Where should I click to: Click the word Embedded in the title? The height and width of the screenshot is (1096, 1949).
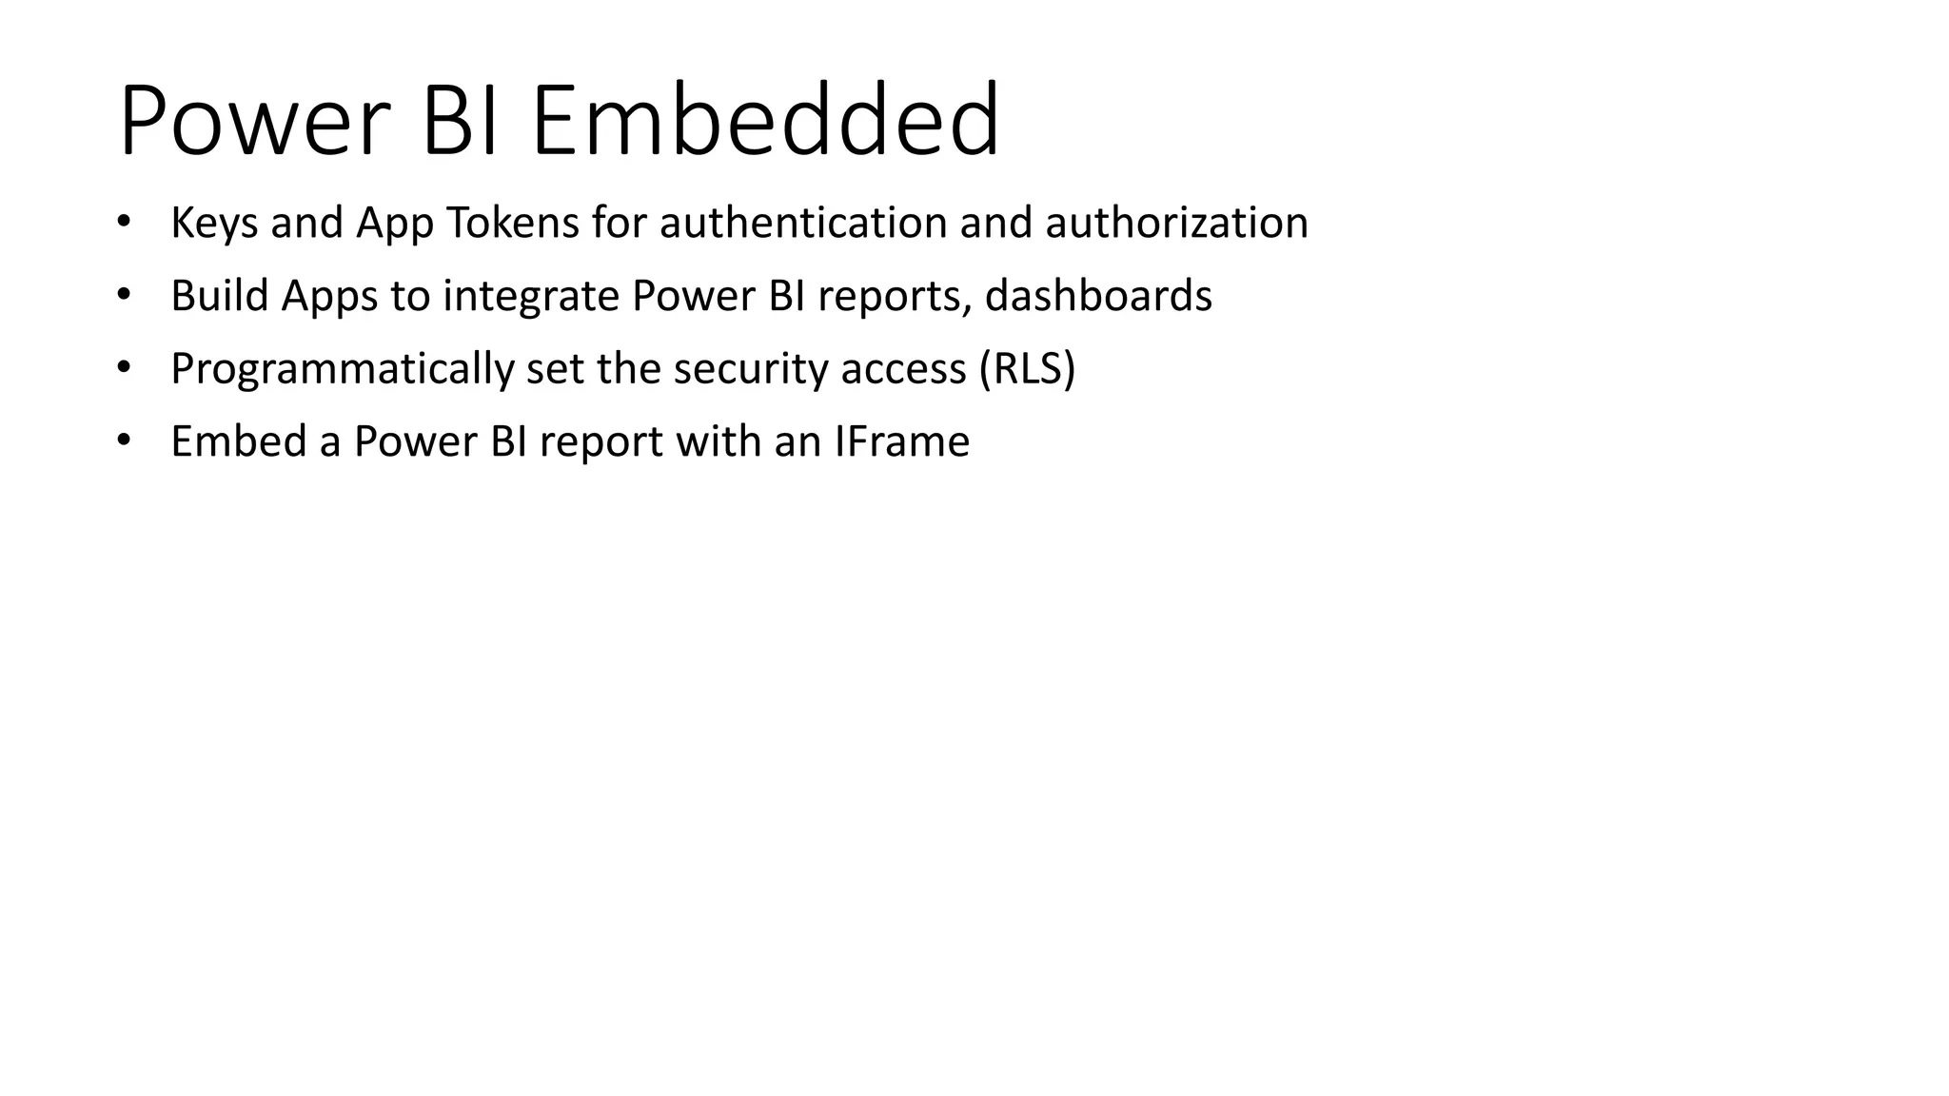pos(765,121)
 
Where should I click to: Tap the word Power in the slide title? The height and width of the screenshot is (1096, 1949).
pos(254,121)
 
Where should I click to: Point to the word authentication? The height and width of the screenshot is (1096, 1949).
pos(802,224)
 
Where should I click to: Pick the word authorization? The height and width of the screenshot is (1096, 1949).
pos(1176,224)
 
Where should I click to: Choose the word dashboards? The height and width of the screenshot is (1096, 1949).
pos(1098,296)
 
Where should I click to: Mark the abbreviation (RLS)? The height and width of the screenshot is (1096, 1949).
pos(1028,369)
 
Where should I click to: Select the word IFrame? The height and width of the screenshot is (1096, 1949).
pos(902,441)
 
